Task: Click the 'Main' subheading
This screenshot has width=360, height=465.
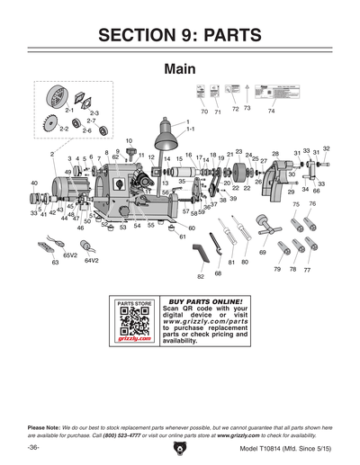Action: pos(180,70)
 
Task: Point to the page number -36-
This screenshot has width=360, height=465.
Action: pos(32,447)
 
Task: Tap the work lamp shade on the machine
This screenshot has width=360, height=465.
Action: pos(166,135)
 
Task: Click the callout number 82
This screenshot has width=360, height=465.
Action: pos(201,276)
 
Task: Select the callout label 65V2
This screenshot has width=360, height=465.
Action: pos(68,255)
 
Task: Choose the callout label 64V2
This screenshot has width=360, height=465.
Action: pos(91,261)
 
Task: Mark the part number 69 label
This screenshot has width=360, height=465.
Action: pos(263,253)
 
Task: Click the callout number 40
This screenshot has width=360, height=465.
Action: pos(34,183)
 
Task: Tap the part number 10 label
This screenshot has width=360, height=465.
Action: pos(129,141)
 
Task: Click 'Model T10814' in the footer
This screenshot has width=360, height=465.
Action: pos(266,447)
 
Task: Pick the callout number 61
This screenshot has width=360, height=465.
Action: pos(182,237)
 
